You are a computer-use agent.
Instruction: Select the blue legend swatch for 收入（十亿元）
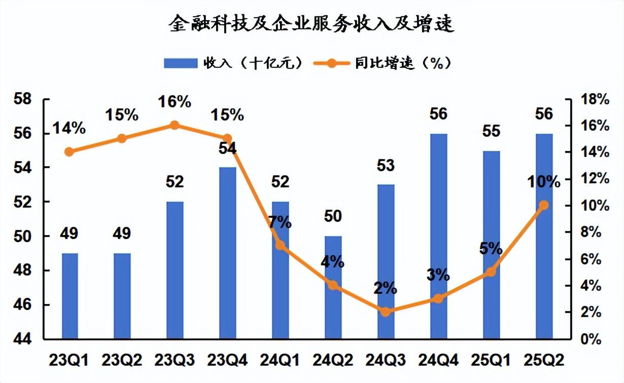click(x=180, y=63)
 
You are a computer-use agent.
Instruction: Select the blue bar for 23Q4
click(x=228, y=253)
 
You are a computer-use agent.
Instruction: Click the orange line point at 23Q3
click(x=175, y=125)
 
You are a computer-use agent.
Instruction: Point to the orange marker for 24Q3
click(x=386, y=312)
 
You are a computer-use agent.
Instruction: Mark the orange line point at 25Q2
click(x=544, y=205)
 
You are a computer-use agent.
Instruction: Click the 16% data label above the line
click(x=175, y=101)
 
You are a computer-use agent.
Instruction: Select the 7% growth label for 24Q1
click(x=279, y=222)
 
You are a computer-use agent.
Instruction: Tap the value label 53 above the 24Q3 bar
click(x=386, y=165)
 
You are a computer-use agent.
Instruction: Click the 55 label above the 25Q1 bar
click(x=491, y=131)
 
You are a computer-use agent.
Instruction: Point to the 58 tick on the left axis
click(x=24, y=99)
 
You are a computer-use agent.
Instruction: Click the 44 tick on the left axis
click(x=24, y=339)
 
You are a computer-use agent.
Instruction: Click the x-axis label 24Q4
click(x=438, y=361)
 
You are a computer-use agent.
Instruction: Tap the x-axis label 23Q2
click(x=122, y=361)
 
